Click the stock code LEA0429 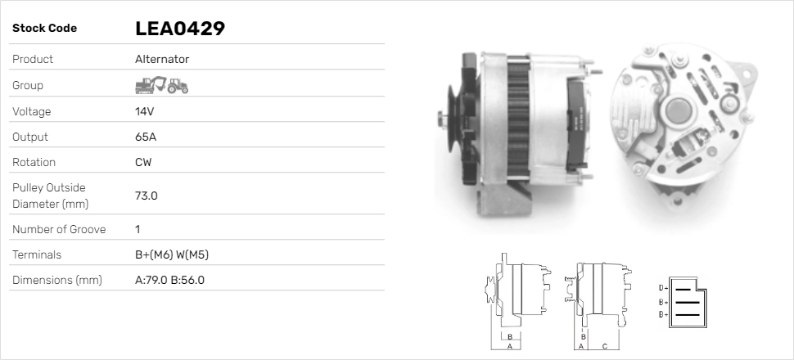pos(179,29)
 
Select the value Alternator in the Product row pos(162,59)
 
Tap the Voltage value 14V pos(145,110)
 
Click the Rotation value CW pos(143,162)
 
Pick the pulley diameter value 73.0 pos(147,196)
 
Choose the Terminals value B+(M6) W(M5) pos(172,254)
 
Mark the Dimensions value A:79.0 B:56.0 pos(169,280)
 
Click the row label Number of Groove pos(59,229)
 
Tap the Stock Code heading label pos(44,29)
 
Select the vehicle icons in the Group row pos(161,85)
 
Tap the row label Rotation pos(34,162)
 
